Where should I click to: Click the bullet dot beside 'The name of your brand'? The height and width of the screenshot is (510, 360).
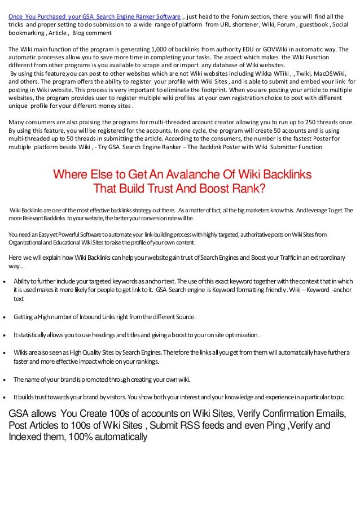click(x=5, y=379)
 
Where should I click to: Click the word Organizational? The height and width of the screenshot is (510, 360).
click(x=28, y=242)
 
